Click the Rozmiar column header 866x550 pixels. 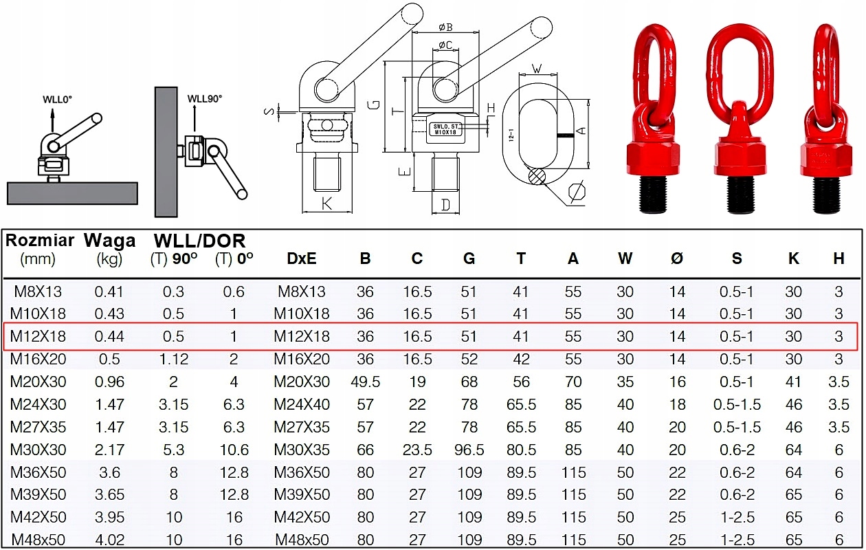point(40,241)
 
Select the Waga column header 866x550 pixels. point(109,241)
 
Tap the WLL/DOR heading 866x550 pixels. point(199,241)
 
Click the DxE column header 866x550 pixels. point(301,258)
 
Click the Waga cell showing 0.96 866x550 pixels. point(109,382)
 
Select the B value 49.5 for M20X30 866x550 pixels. point(365,382)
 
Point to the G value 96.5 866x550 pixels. point(469,450)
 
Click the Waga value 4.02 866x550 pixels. point(109,540)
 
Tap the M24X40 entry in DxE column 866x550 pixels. point(301,404)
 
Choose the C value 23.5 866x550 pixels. point(417,450)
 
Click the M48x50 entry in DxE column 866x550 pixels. point(301,540)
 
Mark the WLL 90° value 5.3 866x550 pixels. point(173,450)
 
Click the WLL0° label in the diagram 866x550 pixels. point(57,100)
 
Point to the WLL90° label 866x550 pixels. point(205,98)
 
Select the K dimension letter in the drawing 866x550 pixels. point(326,203)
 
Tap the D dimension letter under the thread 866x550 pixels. point(445,205)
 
